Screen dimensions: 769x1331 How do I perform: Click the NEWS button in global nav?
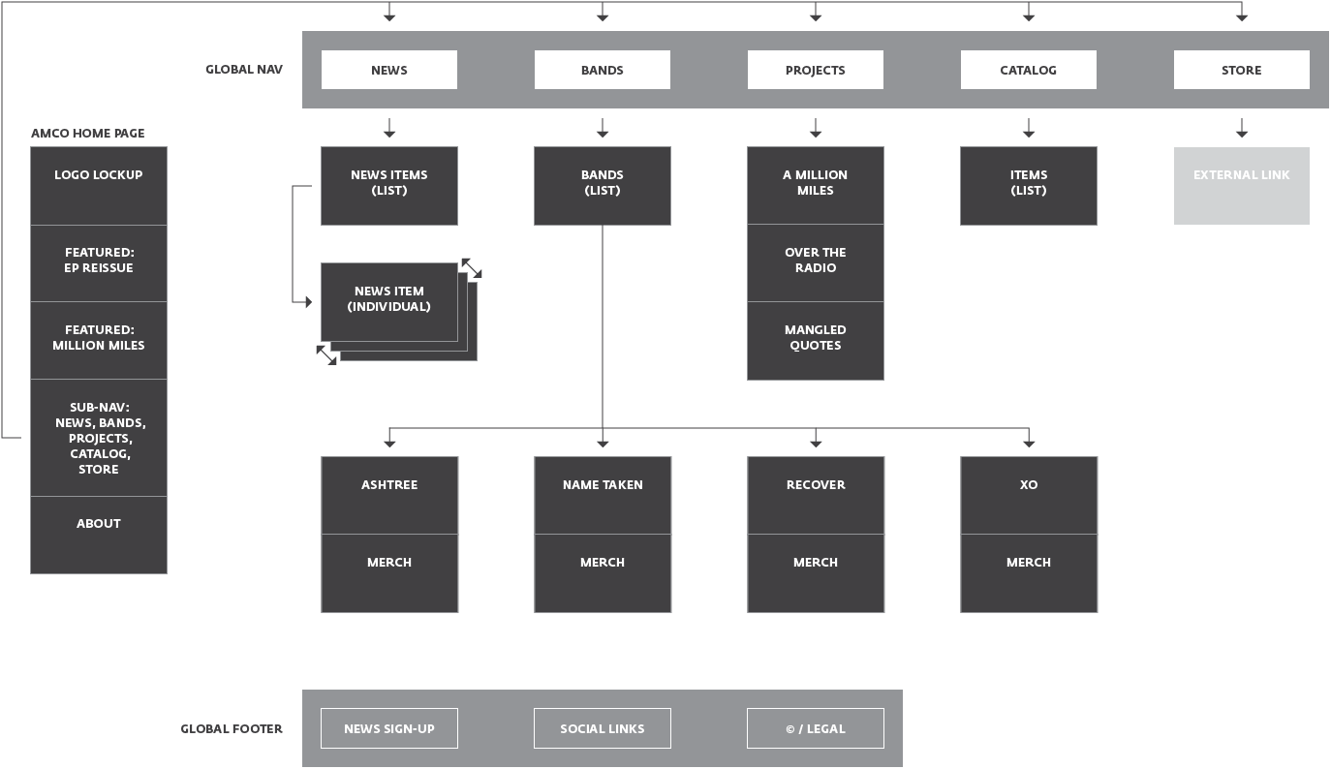(x=388, y=70)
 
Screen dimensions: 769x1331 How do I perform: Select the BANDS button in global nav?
(x=602, y=70)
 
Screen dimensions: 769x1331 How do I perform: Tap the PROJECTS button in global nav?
(x=815, y=70)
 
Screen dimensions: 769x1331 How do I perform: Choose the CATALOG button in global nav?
(x=1028, y=70)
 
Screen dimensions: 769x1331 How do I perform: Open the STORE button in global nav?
(x=1241, y=70)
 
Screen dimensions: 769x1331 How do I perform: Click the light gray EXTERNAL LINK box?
(x=1241, y=185)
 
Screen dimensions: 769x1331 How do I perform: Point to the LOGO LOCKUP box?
(x=98, y=185)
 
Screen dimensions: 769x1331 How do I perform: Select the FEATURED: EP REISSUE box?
(x=98, y=262)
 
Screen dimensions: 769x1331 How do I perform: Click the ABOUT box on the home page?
(x=98, y=534)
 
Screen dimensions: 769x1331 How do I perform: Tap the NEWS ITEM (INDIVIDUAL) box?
(x=388, y=301)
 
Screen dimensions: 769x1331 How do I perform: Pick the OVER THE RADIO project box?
(x=815, y=262)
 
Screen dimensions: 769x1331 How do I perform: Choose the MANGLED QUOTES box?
(x=815, y=340)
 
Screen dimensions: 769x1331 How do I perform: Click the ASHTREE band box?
(x=388, y=495)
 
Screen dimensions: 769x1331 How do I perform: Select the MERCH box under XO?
(x=1028, y=572)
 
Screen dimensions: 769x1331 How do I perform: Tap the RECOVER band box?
(x=815, y=495)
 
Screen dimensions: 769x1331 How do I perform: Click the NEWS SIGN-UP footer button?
(x=388, y=728)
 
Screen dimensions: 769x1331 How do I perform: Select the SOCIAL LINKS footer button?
(x=602, y=728)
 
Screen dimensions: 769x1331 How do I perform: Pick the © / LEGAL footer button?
(x=815, y=728)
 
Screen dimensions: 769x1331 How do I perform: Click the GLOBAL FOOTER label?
(x=232, y=728)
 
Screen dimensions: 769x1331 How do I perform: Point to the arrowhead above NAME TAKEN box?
(x=603, y=442)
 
